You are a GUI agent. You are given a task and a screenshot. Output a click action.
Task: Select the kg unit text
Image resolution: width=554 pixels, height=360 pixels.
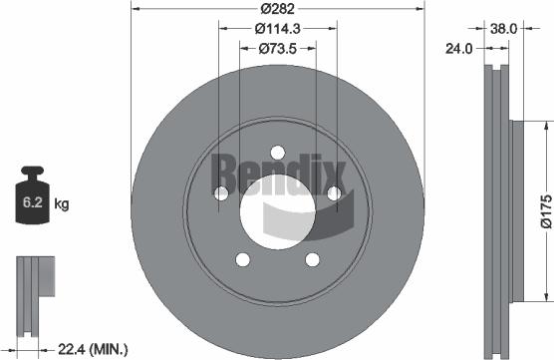tap(62, 204)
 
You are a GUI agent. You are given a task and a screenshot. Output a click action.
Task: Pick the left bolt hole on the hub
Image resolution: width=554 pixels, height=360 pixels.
tap(221, 192)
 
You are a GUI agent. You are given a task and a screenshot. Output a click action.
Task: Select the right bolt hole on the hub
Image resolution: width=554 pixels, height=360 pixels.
tap(335, 192)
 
